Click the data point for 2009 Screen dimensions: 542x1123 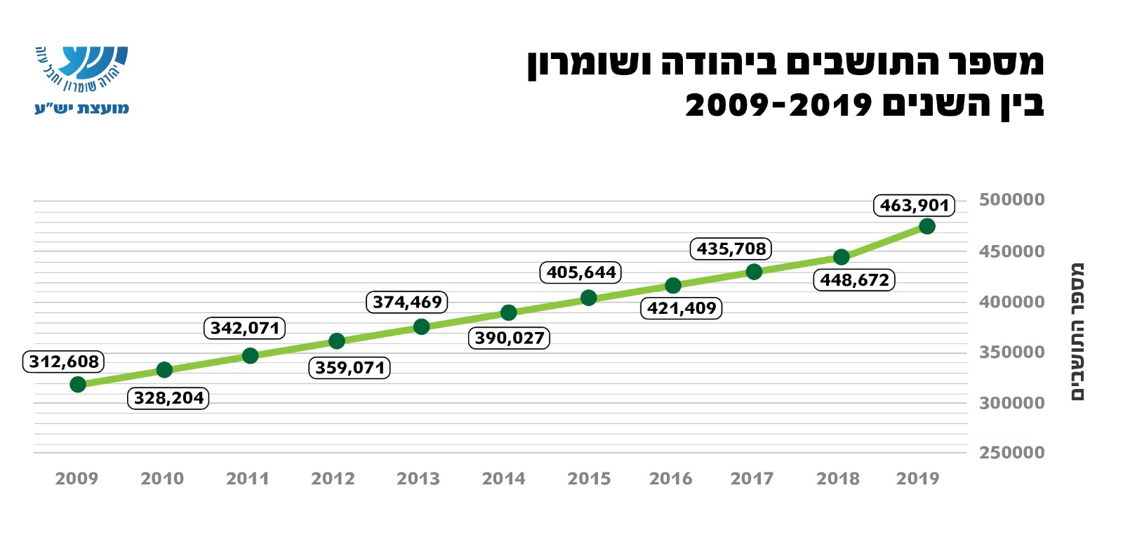[78, 384]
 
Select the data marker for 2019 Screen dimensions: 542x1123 [926, 226]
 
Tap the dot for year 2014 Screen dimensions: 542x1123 [509, 312]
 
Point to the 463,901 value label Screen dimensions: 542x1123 [914, 206]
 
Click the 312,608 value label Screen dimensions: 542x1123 [64, 362]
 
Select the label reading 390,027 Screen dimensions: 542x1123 [509, 338]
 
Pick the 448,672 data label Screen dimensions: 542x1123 [854, 280]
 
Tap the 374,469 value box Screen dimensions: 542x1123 [407, 303]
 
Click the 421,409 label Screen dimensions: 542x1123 [681, 308]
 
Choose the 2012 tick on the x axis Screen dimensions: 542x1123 [333, 479]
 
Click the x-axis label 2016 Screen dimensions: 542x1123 [670, 479]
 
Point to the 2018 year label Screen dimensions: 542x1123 [837, 479]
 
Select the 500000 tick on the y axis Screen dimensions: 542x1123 [1011, 200]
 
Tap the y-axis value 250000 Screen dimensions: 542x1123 [1011, 453]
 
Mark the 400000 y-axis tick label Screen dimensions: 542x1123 [1011, 302]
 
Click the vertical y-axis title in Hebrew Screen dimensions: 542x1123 [1077, 331]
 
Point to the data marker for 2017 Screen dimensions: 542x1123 [754, 272]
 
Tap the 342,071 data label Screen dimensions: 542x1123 [245, 328]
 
